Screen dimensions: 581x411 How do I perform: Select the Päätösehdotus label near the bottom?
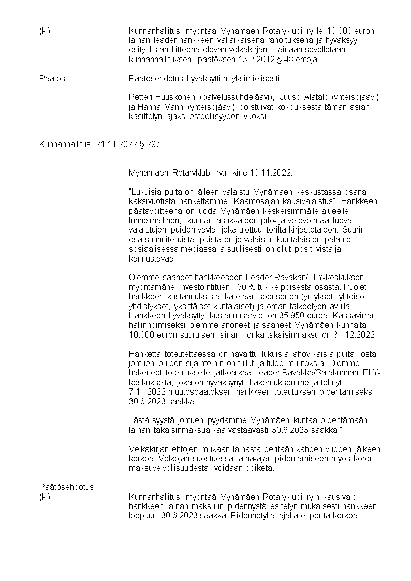[x=66, y=487]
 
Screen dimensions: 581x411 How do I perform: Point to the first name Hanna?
[x=150, y=107]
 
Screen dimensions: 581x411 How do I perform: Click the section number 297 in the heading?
[x=154, y=144]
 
